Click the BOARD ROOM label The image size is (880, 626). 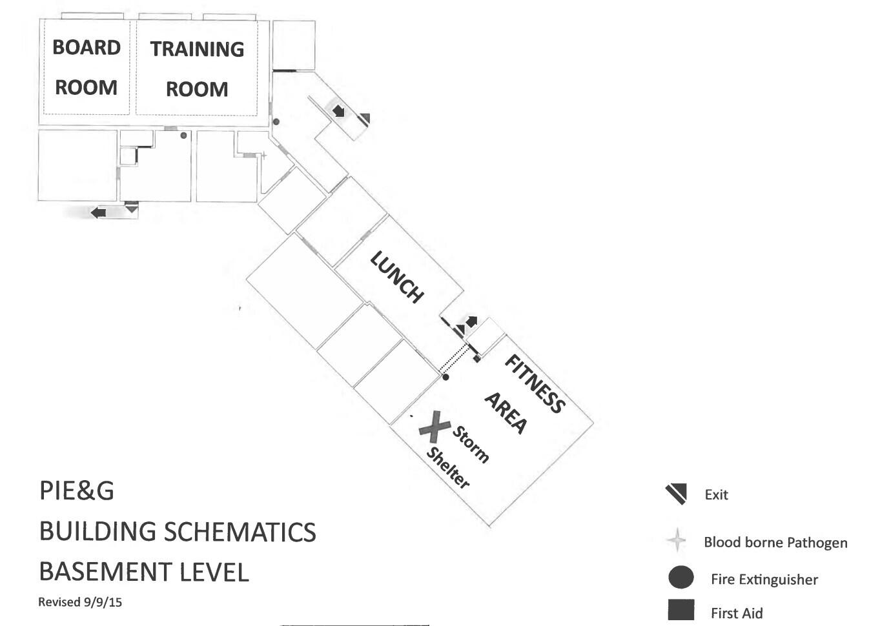pos(87,67)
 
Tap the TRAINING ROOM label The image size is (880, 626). pos(197,68)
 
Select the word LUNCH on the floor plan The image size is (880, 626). pos(397,277)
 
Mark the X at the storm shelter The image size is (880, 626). pos(435,427)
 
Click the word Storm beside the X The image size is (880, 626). pos(471,443)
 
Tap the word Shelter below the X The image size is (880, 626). pos(448,467)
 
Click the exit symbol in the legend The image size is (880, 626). pos(676,494)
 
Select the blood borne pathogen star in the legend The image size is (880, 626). pos(677,540)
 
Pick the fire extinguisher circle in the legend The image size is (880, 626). pos(680,577)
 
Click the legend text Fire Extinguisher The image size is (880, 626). pos(764,580)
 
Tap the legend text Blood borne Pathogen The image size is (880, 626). pos(775,542)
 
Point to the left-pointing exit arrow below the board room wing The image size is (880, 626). pos(98,212)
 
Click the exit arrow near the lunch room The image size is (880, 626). pos(471,321)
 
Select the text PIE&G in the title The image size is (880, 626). pos(77,490)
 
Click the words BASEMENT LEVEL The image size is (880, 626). pos(143,572)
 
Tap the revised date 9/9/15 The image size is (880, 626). pos(102,602)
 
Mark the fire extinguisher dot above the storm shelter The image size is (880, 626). pos(445,377)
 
